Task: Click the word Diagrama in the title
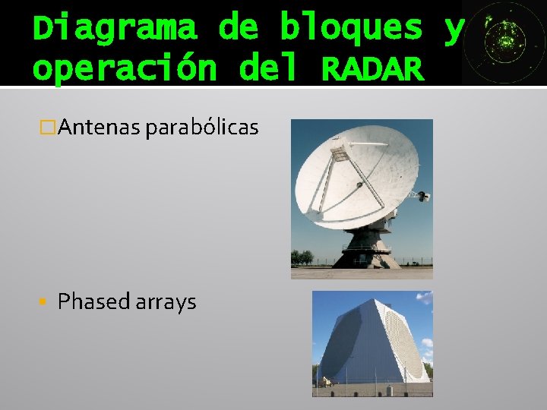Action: pyautogui.click(x=115, y=29)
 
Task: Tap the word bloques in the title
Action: pyautogui.click(x=350, y=29)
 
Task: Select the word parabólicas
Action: pyautogui.click(x=202, y=128)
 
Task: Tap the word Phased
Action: pyautogui.click(x=94, y=301)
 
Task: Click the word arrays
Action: pyautogui.click(x=166, y=301)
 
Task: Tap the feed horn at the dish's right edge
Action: pyautogui.click(x=424, y=197)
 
